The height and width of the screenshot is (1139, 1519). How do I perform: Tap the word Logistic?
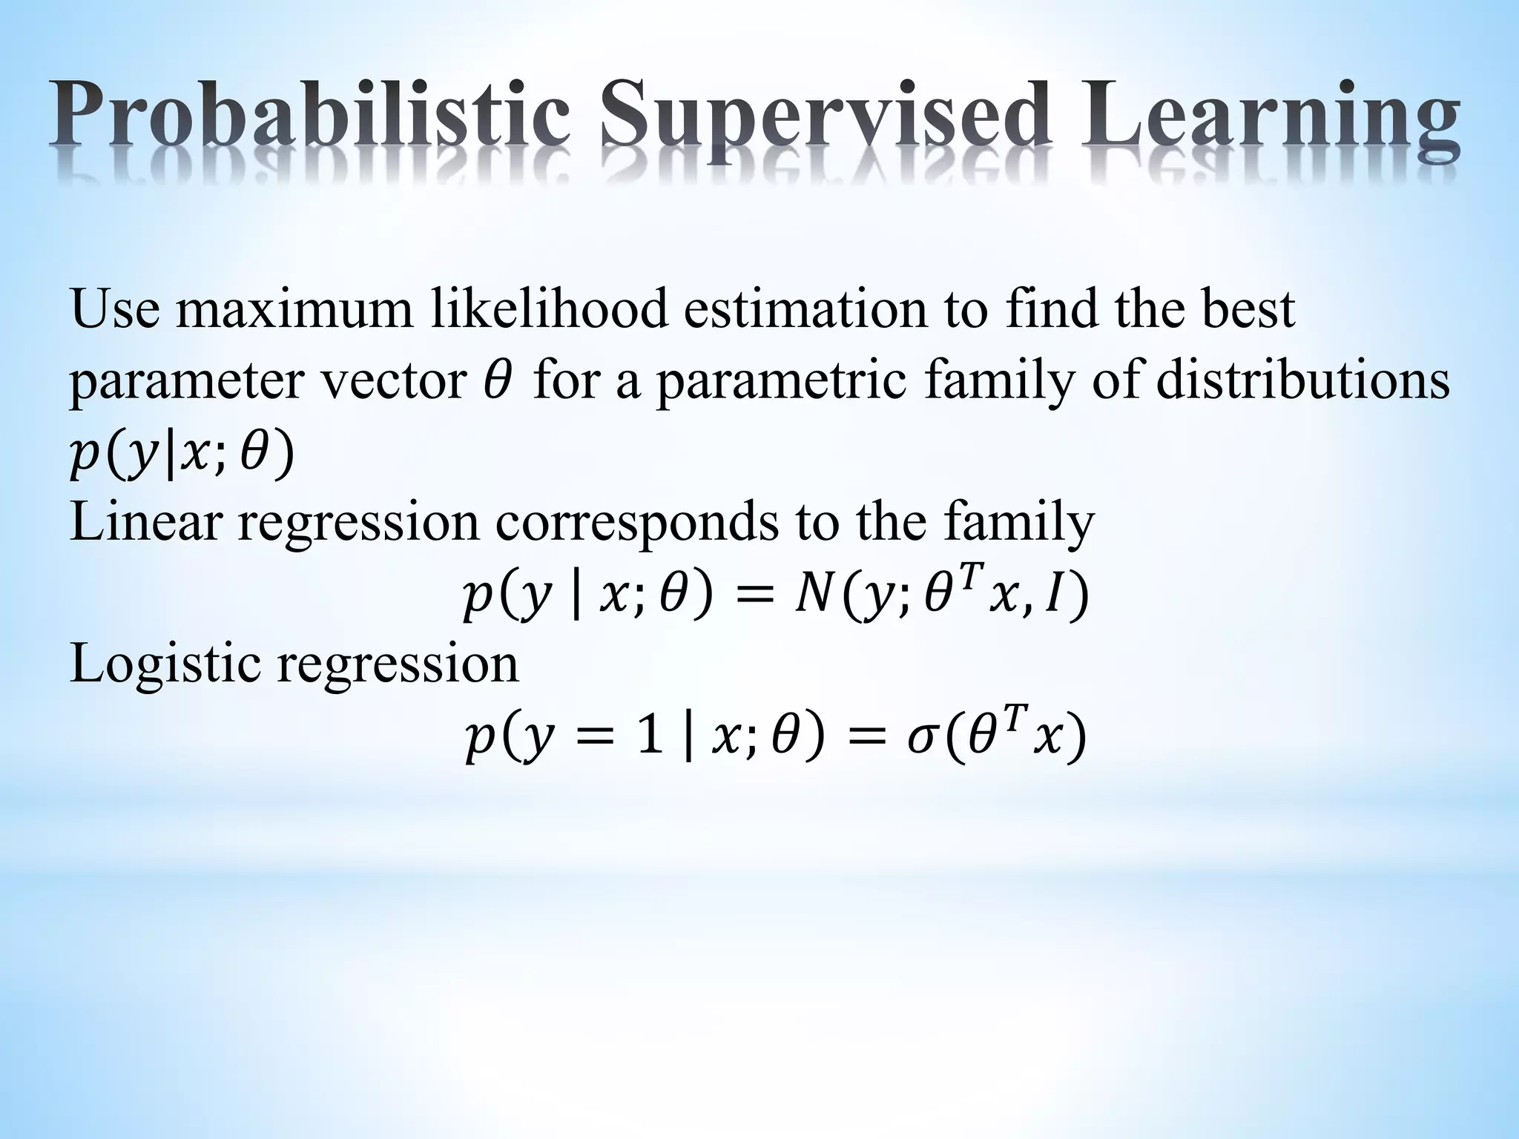[x=165, y=664]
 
